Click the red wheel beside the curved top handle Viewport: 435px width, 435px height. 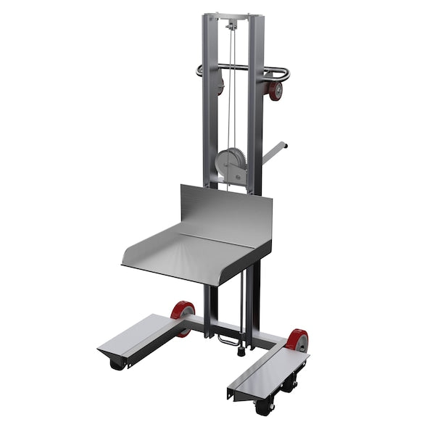point(275,91)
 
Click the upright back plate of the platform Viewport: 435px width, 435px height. point(225,210)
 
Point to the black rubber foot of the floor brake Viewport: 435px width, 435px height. point(240,353)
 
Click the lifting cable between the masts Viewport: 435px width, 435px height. point(232,109)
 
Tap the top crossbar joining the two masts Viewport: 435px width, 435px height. point(232,17)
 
